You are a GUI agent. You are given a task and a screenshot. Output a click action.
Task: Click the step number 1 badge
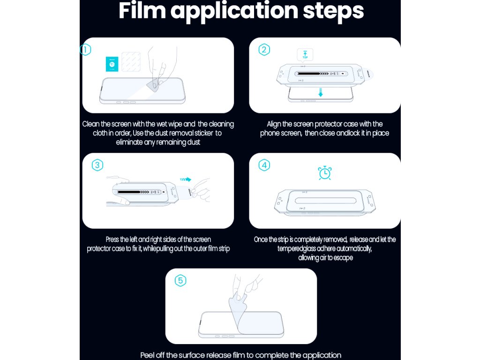click(85, 50)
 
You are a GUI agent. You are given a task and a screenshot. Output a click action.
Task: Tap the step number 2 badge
click(264, 50)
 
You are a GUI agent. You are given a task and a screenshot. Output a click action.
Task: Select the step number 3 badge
click(97, 165)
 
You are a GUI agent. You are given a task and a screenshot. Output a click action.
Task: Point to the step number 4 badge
click(264, 165)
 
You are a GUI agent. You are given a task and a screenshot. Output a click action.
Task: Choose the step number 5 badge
click(180, 281)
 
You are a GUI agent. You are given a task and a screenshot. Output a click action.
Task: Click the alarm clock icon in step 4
click(325, 173)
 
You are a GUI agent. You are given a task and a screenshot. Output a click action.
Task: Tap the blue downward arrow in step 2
click(321, 92)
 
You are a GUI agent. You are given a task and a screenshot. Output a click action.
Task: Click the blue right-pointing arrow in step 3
click(186, 180)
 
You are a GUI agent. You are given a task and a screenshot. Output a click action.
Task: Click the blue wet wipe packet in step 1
click(112, 64)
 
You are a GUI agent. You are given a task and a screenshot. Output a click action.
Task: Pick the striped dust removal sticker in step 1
click(131, 61)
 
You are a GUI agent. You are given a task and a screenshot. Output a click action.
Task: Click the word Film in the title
click(142, 11)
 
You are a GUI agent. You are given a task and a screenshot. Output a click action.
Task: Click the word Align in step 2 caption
click(274, 124)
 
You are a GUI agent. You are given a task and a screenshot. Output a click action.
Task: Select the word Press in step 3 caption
click(112, 240)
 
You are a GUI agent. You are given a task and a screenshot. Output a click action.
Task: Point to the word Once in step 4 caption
click(261, 240)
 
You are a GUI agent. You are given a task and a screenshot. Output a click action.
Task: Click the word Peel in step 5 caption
click(147, 355)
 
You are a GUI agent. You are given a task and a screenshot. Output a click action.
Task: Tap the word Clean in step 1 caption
click(90, 124)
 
